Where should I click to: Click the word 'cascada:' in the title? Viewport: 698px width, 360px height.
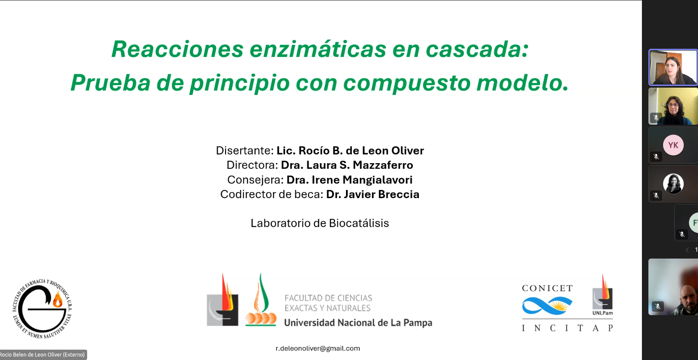477,49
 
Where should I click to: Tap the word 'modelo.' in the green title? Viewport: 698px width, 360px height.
522,83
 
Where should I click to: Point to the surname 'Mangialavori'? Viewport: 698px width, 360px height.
377,180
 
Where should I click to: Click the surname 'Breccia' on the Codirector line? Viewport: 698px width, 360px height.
399,194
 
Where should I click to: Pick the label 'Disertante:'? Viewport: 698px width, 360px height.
245,151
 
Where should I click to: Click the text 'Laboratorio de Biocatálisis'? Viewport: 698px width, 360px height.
320,223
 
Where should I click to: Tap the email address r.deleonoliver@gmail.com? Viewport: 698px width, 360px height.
318,348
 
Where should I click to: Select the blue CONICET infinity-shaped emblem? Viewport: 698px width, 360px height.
547,306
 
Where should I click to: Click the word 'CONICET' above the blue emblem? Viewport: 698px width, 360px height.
547,288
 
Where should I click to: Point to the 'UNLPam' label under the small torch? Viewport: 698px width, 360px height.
603,313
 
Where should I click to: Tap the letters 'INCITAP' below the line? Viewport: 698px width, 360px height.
567,328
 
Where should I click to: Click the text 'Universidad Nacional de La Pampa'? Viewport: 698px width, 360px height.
358,322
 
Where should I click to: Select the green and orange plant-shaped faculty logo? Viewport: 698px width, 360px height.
261,300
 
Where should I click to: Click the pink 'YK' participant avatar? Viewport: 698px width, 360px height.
673,145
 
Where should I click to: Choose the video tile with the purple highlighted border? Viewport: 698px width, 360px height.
673,67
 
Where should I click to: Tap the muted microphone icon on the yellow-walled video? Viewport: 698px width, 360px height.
656,118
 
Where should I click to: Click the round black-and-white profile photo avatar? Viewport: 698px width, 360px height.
673,184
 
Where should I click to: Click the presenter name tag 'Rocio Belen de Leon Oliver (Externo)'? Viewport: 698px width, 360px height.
43,355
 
